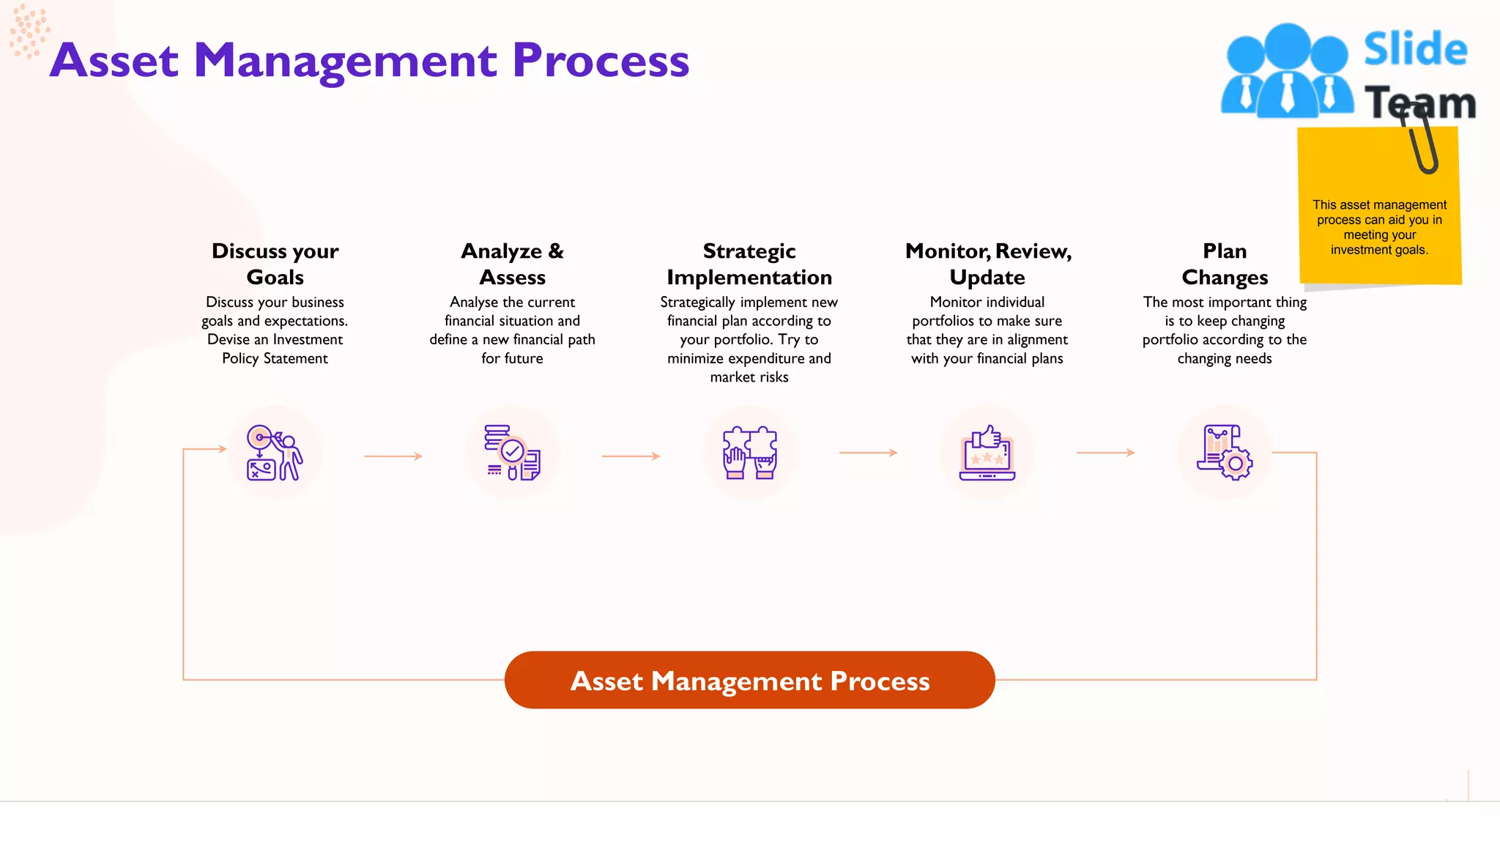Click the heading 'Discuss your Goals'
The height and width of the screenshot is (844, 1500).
275,264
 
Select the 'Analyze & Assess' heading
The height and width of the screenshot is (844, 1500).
512,264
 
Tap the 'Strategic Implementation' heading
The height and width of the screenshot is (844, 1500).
749,264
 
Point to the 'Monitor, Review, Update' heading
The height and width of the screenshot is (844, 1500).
987,264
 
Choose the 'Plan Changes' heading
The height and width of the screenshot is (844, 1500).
1225,264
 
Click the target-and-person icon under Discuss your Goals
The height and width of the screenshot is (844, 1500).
275,453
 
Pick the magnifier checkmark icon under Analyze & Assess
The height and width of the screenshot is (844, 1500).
512,453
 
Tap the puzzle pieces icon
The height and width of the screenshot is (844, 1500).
749,453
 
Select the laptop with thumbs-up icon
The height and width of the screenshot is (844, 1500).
987,453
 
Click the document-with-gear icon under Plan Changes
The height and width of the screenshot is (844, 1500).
1225,453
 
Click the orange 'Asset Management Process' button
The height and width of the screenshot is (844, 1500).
749,680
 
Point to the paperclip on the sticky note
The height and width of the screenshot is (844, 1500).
1421,139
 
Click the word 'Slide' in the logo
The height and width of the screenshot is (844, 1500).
1415,50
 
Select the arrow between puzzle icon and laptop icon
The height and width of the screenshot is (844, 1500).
868,453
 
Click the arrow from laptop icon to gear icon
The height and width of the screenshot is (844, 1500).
1105,453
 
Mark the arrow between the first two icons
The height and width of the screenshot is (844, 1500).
393,456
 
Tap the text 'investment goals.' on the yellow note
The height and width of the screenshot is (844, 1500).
1379,250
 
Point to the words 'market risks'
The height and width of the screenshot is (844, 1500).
749,377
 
